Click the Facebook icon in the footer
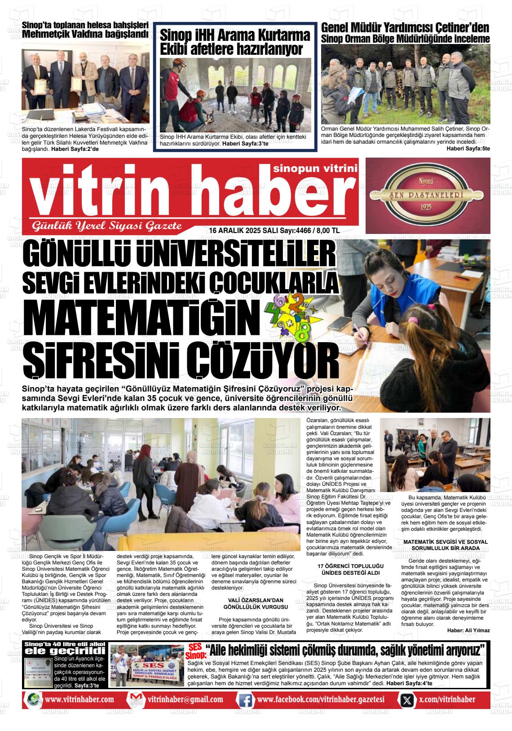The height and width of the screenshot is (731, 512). point(245,700)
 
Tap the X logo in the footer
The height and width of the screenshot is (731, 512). point(406,700)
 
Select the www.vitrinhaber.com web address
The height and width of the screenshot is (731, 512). point(79,700)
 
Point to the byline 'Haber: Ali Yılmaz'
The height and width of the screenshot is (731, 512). point(468,630)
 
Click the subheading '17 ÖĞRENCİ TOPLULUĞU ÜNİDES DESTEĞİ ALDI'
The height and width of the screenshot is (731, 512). point(348,569)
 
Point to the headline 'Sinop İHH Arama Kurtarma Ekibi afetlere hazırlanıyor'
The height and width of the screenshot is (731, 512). point(235,42)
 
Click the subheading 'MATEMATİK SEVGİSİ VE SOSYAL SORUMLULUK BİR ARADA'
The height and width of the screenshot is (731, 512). point(445,545)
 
